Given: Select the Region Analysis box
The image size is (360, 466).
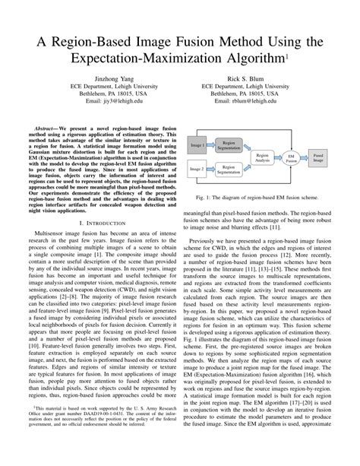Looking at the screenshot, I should [x=264, y=156].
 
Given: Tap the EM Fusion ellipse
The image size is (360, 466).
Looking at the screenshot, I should [x=291, y=156].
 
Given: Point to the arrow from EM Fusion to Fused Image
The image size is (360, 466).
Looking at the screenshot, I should [x=305, y=156].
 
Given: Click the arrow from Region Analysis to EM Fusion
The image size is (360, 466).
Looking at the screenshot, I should [x=279, y=156].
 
